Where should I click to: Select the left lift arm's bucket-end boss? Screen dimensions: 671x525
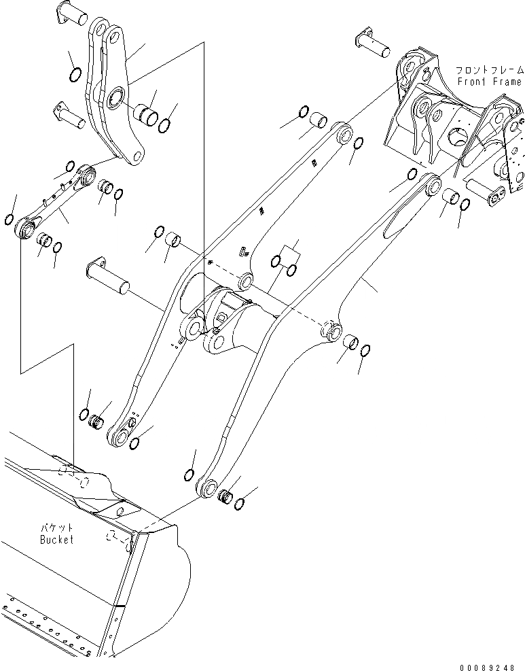(x=123, y=434)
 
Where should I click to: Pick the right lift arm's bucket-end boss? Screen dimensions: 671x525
(x=206, y=487)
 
